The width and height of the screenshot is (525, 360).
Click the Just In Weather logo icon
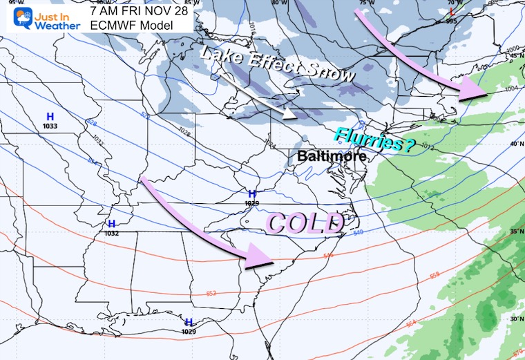click(x=15, y=17)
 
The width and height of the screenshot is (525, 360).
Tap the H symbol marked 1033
click(x=50, y=117)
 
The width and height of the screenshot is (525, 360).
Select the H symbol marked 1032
click(x=112, y=224)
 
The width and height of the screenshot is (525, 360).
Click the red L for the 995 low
click(x=452, y=12)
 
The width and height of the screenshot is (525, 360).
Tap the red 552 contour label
click(x=212, y=294)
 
